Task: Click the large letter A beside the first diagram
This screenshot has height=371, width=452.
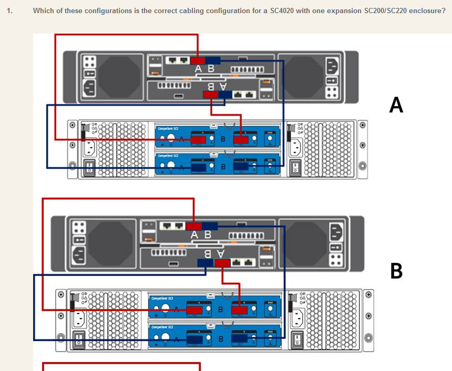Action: click(396, 105)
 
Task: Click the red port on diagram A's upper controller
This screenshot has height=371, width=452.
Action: click(198, 60)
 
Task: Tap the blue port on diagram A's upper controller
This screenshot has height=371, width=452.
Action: click(213, 60)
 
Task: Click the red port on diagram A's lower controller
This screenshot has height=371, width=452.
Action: click(210, 95)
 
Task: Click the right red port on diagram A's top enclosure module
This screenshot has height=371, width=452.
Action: click(241, 139)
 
